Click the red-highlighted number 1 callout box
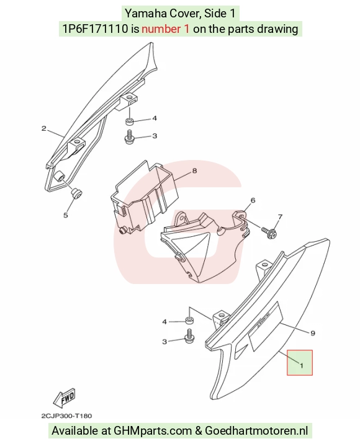click(x=300, y=363)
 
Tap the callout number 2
click(x=43, y=129)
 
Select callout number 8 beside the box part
click(x=194, y=171)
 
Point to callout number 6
click(x=253, y=200)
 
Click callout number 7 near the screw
click(x=280, y=217)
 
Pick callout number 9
click(x=313, y=333)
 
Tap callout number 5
click(x=65, y=215)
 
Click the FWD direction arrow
click(x=65, y=397)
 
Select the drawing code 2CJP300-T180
click(x=66, y=416)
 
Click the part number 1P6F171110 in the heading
click(x=95, y=29)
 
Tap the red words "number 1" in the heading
click(x=165, y=29)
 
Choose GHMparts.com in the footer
click(x=153, y=431)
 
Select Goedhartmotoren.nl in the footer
click(x=256, y=431)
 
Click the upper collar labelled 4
click(x=129, y=122)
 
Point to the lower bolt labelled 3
click(x=189, y=336)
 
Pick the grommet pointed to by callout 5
click(x=76, y=193)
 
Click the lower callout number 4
click(x=164, y=322)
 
